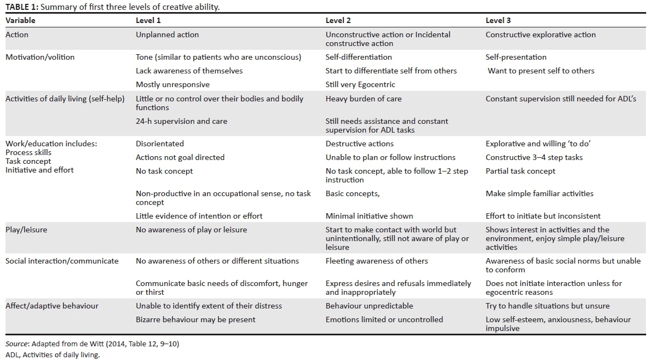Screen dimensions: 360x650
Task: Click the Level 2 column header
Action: click(338, 21)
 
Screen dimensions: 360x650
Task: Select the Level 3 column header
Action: click(498, 21)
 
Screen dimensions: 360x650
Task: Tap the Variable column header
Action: click(20, 21)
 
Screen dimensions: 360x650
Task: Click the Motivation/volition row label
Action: click(40, 57)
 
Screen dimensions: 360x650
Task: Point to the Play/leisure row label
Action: click(26, 230)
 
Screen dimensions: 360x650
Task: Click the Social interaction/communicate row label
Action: click(62, 261)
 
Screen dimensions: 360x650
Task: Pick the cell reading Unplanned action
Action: click(167, 35)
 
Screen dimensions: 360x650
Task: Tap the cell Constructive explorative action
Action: click(540, 35)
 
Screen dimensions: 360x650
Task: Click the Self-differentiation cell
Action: click(359, 57)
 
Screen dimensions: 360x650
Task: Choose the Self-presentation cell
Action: click(516, 57)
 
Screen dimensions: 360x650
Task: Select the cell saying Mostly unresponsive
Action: click(172, 84)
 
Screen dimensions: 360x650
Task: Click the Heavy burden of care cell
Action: click(364, 99)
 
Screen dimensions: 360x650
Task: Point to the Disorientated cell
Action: click(160, 144)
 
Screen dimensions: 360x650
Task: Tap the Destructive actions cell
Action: click(359, 144)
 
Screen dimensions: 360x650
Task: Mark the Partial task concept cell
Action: click(520, 171)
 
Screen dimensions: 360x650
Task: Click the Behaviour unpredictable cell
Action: click(369, 306)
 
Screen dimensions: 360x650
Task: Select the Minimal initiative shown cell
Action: click(369, 216)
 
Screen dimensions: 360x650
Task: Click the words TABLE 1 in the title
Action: click(21, 7)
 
